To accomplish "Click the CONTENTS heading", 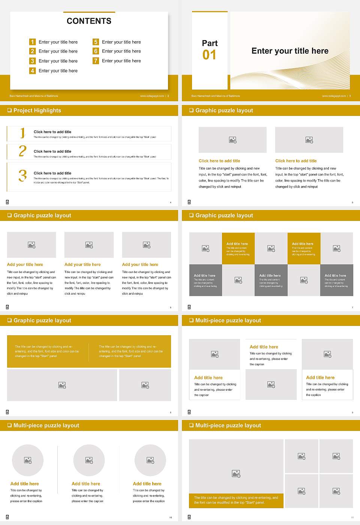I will [x=89, y=21].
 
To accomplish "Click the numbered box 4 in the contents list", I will [x=33, y=70].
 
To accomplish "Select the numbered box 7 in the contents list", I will [x=96, y=61].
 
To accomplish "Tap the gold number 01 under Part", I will [x=209, y=55].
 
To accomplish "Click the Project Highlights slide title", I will [x=37, y=110].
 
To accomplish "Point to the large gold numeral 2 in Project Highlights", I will [x=22, y=151].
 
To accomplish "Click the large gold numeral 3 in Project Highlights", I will [x=22, y=175].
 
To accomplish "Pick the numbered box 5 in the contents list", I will [x=96, y=42].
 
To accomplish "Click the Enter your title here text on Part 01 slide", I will [x=290, y=51].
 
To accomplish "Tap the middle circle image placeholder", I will [x=89, y=460].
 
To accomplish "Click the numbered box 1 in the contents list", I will [x=33, y=42].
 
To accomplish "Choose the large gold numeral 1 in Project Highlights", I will [x=22, y=133].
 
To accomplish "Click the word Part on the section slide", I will [x=210, y=43].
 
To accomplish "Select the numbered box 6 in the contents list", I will [x=96, y=51].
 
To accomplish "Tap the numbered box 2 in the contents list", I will [x=33, y=51].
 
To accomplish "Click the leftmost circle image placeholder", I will [x=28, y=460].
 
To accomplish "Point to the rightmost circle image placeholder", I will [x=150, y=460].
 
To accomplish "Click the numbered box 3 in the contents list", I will [x=33, y=61].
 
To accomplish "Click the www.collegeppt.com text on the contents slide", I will [x=152, y=96].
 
